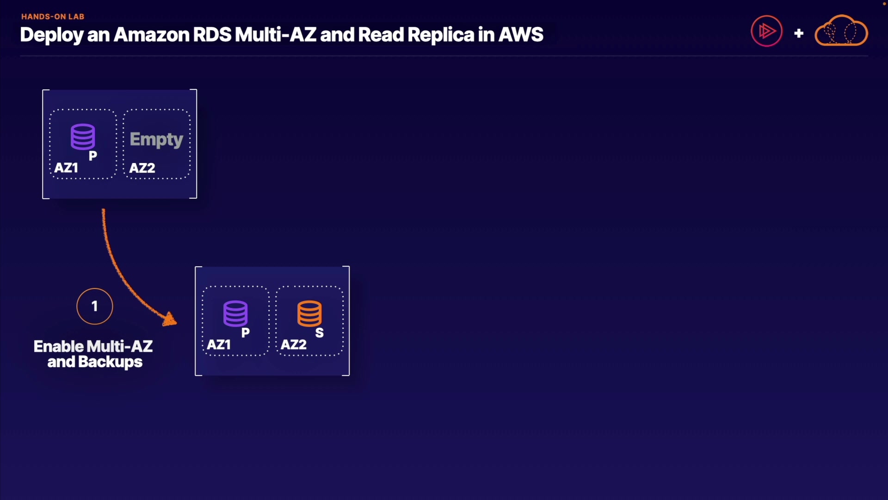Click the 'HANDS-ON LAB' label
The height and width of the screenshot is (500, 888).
[53, 17]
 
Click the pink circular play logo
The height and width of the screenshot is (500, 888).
[766, 31]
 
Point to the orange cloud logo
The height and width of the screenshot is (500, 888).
[841, 31]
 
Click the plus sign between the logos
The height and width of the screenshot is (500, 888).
[799, 33]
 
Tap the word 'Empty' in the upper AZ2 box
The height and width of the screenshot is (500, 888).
[156, 139]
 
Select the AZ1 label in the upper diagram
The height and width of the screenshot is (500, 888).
[66, 168]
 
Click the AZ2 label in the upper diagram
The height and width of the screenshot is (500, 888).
[142, 168]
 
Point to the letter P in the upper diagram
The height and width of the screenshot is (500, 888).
[93, 156]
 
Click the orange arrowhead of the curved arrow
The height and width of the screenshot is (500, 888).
[170, 319]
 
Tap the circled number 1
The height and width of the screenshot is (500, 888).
[95, 306]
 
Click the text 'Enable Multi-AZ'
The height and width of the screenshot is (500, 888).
[93, 346]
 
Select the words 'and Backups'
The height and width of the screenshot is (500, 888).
[95, 362]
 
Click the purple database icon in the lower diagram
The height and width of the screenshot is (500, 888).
[235, 313]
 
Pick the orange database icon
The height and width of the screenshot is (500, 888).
[309, 313]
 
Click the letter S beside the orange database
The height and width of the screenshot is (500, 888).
[320, 333]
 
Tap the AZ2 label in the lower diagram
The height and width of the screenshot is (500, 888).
[294, 344]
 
